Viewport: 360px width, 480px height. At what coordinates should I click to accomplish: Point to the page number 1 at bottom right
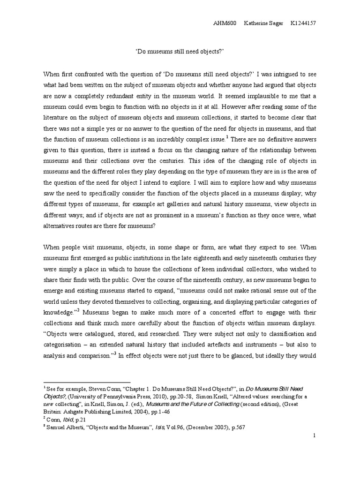click(315, 436)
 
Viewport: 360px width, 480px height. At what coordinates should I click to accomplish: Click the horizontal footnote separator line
click(87, 382)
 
